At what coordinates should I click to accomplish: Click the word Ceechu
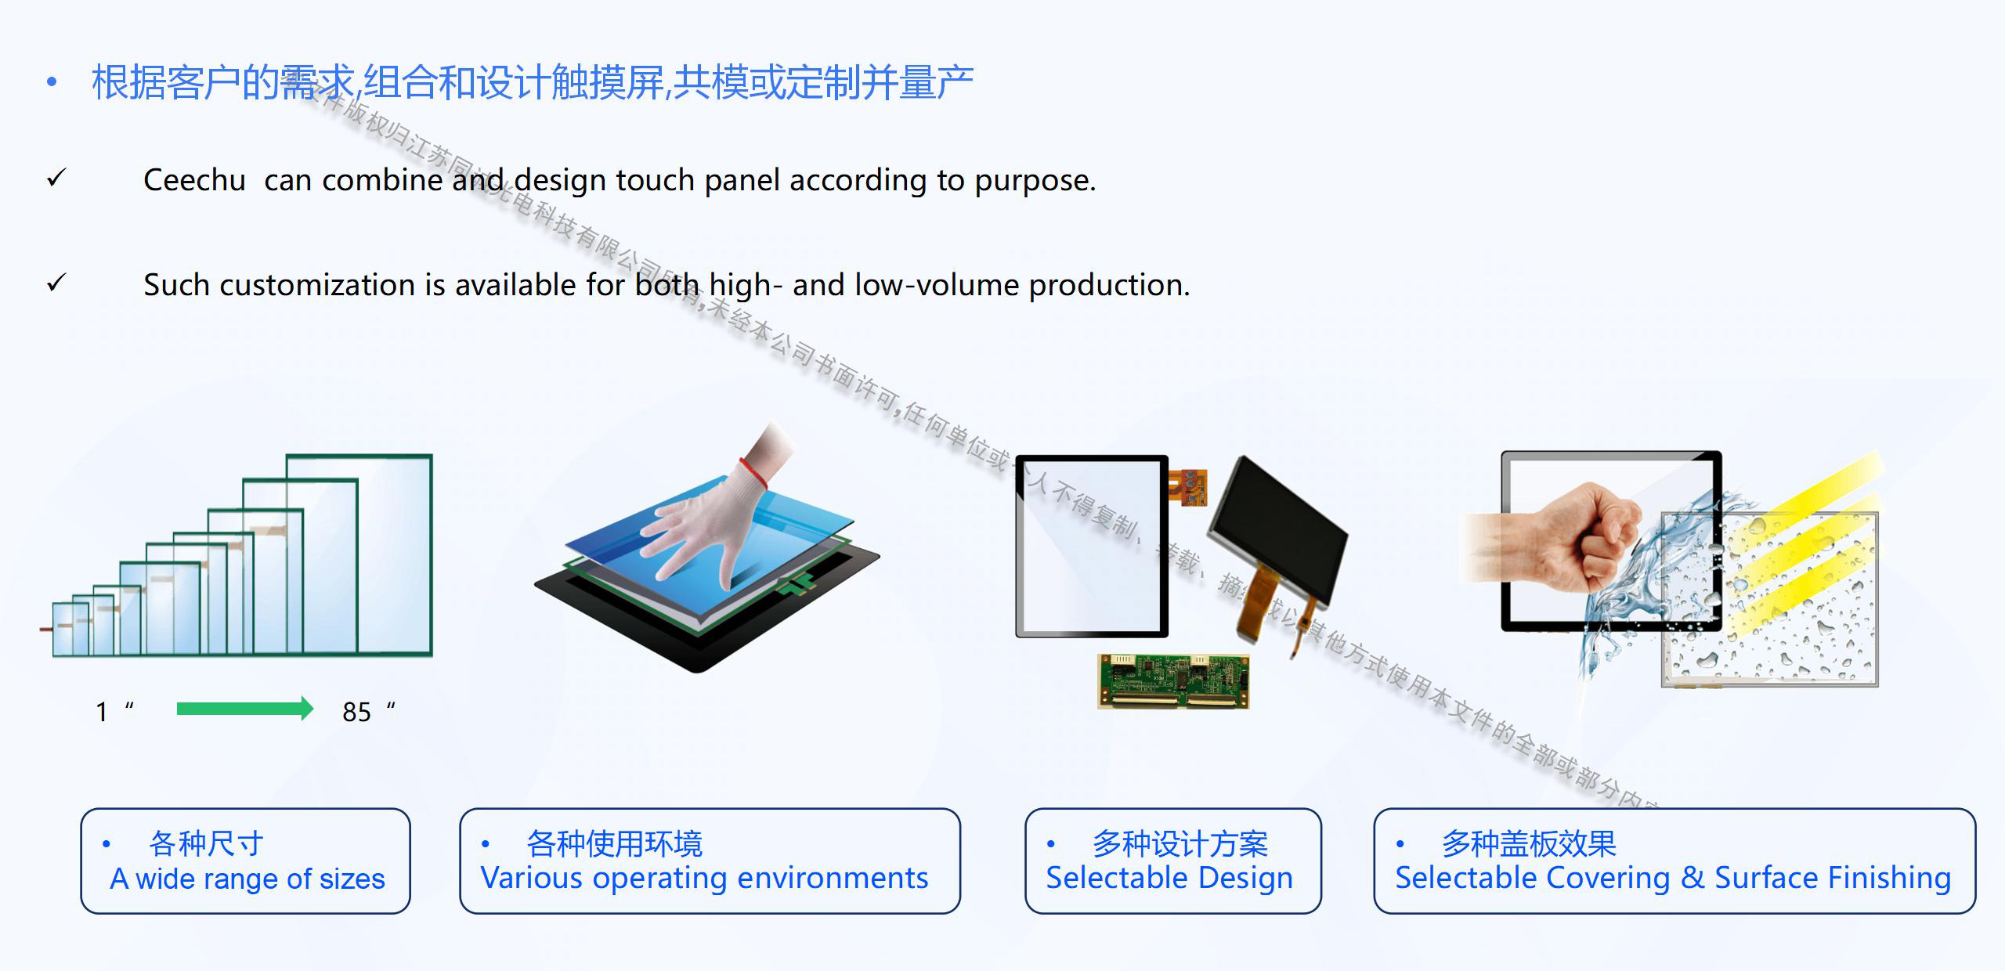(194, 180)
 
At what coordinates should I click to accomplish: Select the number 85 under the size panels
(356, 712)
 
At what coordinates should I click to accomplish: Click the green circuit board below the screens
(1172, 681)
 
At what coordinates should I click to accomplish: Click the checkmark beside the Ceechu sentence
(56, 179)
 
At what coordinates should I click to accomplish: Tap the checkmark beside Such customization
(56, 283)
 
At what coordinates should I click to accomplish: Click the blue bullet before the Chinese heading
(52, 81)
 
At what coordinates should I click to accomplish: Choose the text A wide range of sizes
(247, 879)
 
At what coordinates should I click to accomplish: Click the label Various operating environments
(704, 878)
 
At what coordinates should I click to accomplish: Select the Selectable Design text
(1169, 878)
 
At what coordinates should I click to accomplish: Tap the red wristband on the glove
(753, 471)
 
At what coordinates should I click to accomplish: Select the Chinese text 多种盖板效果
(1529, 844)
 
